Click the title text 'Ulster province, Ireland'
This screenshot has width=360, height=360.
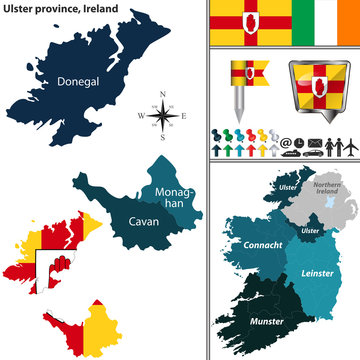click(57, 8)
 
